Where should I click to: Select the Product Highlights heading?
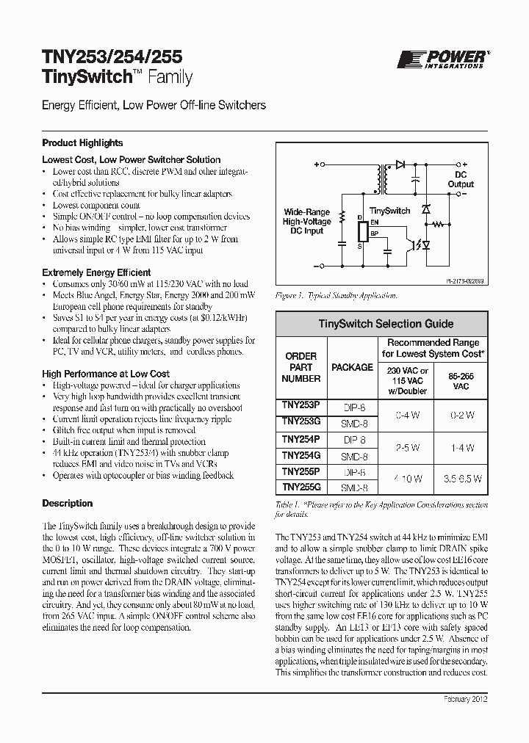pyautogui.click(x=82, y=143)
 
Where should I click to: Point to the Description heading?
pyautogui.click(x=68, y=504)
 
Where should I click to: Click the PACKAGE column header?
pyautogui.click(x=352, y=367)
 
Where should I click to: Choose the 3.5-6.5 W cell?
pyautogui.click(x=461, y=479)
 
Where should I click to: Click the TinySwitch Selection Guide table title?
pyautogui.click(x=385, y=324)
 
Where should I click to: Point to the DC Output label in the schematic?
pyautogui.click(x=461, y=180)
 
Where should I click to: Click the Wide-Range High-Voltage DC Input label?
pyautogui.click(x=306, y=221)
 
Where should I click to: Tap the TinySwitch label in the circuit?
pyautogui.click(x=389, y=211)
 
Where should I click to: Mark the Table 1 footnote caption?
pyautogui.click(x=381, y=510)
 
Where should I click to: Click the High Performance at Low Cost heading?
pyautogui.click(x=106, y=374)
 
